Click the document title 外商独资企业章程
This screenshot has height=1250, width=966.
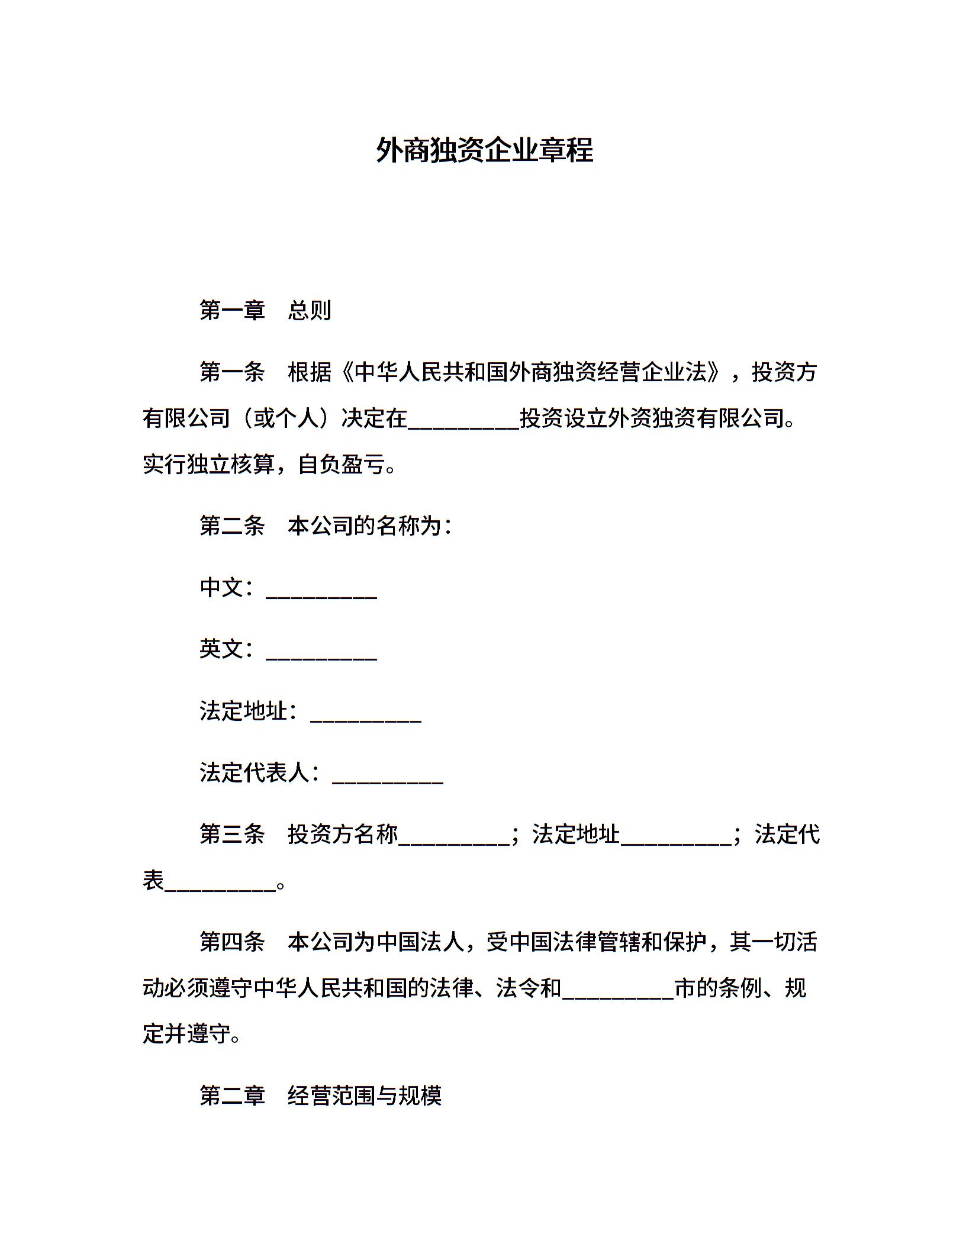484,150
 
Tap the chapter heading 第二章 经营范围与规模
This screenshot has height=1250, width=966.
320,1096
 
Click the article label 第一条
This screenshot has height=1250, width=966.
232,372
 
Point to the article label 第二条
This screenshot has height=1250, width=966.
232,526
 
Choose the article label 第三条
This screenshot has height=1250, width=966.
232,835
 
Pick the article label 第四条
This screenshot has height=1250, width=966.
232,942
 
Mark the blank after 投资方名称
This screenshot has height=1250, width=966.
454,839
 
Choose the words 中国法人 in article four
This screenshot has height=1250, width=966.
420,942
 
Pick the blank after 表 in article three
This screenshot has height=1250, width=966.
220,885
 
